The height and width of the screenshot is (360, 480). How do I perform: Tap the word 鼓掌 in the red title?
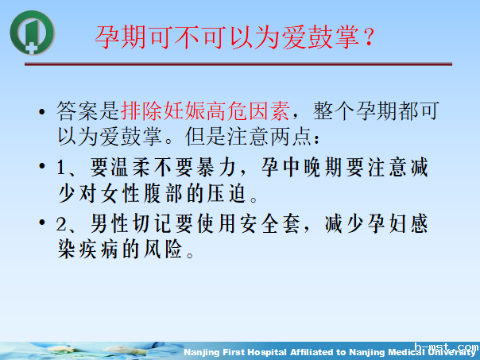[x=327, y=37]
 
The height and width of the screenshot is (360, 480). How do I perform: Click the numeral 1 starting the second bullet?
[x=64, y=169]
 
